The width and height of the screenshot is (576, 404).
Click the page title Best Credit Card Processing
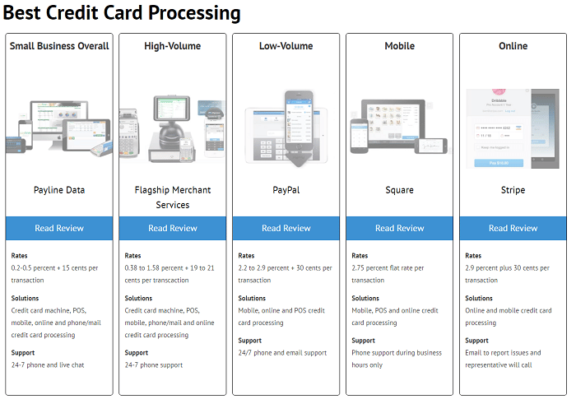[x=122, y=14]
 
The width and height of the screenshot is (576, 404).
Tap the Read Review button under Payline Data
[x=59, y=228]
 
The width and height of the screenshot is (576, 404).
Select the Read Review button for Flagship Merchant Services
[x=173, y=228]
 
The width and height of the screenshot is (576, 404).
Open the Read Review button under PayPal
[x=286, y=228]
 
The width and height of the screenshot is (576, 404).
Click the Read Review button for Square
[x=400, y=228]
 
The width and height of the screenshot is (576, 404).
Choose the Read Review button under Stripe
[x=513, y=228]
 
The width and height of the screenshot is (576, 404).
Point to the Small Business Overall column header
[x=59, y=46]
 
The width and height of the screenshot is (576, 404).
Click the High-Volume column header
[x=173, y=46]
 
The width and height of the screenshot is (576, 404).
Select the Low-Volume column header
[x=286, y=46]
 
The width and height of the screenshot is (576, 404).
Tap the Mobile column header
[x=400, y=46]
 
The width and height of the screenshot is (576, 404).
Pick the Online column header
[x=513, y=46]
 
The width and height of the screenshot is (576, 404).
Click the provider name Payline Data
[x=59, y=190]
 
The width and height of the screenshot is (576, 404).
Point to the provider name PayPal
[x=286, y=190]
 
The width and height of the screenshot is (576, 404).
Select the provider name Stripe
[x=513, y=190]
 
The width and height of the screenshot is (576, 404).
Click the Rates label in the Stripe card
[x=473, y=256]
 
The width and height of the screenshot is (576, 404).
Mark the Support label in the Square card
[x=363, y=341]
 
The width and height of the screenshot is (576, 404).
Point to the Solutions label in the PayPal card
[x=252, y=299]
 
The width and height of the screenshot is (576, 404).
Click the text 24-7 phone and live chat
[x=49, y=365]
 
